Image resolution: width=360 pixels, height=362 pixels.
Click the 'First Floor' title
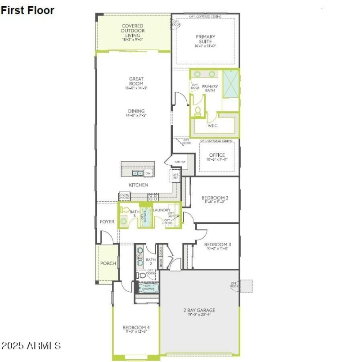pos(27,10)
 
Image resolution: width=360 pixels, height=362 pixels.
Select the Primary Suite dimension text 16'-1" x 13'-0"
pos(205,46)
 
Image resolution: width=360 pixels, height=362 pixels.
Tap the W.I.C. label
pos(212,126)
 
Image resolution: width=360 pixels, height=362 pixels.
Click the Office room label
pos(217,155)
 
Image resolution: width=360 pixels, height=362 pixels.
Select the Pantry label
pos(180,162)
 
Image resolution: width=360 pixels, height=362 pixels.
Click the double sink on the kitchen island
pos(137,173)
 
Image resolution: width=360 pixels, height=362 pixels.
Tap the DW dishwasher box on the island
pos(148,173)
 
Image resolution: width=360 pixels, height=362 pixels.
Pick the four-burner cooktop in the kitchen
pos(153,197)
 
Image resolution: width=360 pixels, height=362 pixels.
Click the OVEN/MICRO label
pos(125,197)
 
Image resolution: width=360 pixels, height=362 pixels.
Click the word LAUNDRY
pos(162,210)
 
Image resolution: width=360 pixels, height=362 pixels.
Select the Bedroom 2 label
pos(215,198)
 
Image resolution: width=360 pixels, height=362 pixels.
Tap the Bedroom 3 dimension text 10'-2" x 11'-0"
pos(215,249)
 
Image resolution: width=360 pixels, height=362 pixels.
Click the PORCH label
pos(108,263)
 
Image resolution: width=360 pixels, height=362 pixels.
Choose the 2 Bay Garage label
pos(199,310)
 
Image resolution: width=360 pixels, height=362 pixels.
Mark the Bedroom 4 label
pos(136,327)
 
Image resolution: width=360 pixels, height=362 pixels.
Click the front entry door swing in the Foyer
pos(106,237)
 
